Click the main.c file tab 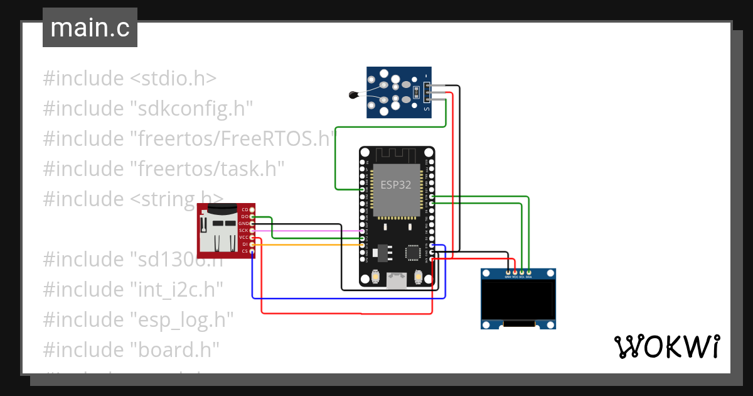pyautogui.click(x=90, y=28)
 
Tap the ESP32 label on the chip pyautogui.click(x=395, y=185)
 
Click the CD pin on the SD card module pyautogui.click(x=252, y=209)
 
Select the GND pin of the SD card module pyautogui.click(x=252, y=224)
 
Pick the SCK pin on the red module pyautogui.click(x=252, y=231)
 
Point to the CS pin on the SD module pyautogui.click(x=252, y=251)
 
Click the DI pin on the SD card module pyautogui.click(x=252, y=245)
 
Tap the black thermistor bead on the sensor pyautogui.click(x=353, y=96)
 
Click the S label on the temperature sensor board pyautogui.click(x=427, y=110)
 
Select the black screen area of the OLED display pyautogui.click(x=518, y=300)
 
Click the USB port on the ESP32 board pyautogui.click(x=396, y=279)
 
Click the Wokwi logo pyautogui.click(x=666, y=346)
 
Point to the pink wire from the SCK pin pyautogui.click(x=307, y=231)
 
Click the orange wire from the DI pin pyautogui.click(x=307, y=245)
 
